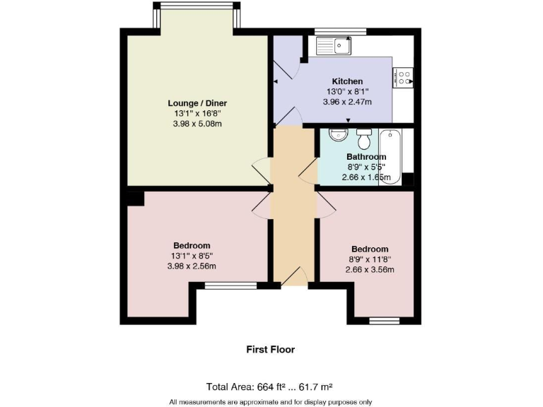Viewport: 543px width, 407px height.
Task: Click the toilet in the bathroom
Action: [364, 136]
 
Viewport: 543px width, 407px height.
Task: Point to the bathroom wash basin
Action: [339, 135]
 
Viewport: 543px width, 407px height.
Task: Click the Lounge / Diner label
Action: [197, 103]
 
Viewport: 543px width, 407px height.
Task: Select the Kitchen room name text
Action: [347, 81]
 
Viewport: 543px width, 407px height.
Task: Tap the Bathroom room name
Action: [366, 157]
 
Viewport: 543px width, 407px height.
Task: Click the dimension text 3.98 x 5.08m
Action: [197, 124]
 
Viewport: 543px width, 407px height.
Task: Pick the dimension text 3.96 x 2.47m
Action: [347, 102]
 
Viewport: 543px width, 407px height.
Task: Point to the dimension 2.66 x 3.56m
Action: [369, 269]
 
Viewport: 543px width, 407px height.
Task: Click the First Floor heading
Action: [270, 349]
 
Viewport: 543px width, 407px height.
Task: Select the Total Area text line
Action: [269, 387]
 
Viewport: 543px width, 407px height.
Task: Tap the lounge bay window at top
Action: [197, 6]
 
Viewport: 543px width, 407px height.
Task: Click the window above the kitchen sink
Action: [340, 31]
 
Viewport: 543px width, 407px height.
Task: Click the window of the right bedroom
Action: [384, 321]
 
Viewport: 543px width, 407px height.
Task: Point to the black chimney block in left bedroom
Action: [135, 198]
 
